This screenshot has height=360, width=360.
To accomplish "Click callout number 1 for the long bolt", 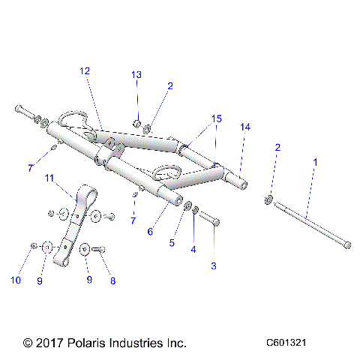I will [315, 161].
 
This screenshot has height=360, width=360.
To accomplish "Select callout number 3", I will [213, 265].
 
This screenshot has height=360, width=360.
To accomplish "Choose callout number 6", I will [149, 232].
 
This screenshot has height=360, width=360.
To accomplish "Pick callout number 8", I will [113, 280].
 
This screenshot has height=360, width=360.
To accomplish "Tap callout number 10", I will [15, 280].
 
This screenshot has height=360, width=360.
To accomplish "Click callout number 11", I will [50, 178].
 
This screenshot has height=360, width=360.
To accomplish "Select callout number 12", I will [84, 70].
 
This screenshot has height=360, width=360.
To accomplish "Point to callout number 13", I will [136, 74].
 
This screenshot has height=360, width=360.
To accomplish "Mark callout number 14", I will [244, 127].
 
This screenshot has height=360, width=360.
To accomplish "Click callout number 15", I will [216, 118].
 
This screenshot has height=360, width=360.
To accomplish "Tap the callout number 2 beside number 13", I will [169, 86].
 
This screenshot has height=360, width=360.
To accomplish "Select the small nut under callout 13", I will [136, 122].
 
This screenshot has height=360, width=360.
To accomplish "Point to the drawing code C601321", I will [286, 343].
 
